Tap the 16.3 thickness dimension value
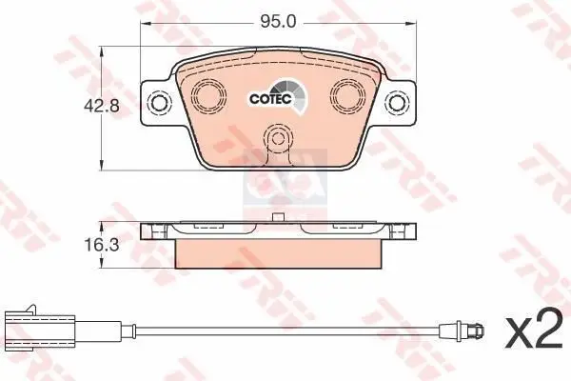point(80,245)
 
